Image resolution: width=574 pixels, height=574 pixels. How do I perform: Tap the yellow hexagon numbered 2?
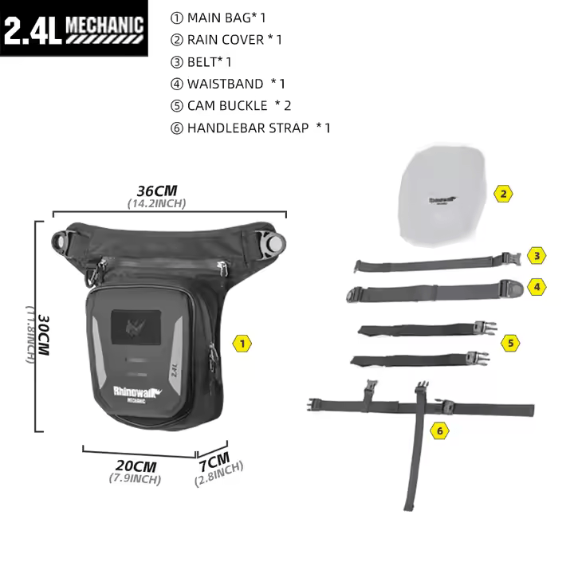[x=502, y=193]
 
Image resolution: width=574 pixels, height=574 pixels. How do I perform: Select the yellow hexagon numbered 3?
[x=538, y=256]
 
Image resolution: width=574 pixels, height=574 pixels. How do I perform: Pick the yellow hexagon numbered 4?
[x=538, y=285]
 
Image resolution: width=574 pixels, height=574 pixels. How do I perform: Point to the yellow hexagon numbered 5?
[x=511, y=343]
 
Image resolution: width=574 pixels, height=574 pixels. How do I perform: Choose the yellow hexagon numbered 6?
[x=438, y=431]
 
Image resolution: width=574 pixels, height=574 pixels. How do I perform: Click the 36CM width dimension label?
[x=156, y=191]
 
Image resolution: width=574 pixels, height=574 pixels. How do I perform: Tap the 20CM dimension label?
[x=135, y=466]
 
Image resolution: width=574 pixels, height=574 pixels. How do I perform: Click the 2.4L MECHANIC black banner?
[x=75, y=28]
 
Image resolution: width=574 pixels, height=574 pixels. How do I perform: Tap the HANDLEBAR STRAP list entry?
[x=248, y=128]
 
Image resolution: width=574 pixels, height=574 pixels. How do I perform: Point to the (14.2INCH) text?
[x=156, y=203]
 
